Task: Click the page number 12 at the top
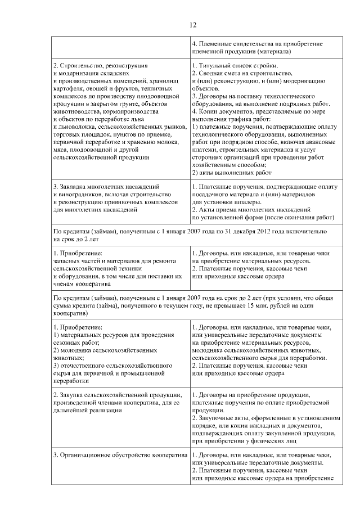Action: point(192,25)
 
